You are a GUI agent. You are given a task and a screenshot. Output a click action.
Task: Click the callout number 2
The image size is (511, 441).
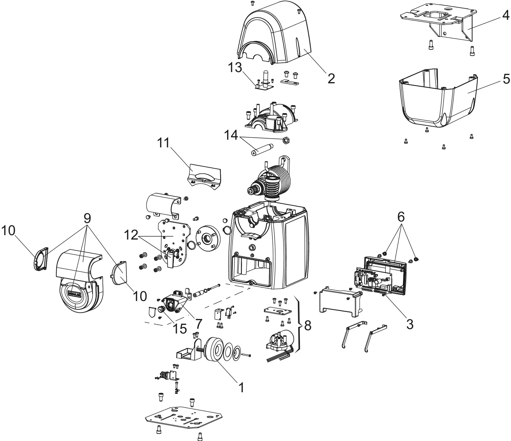pos(331,78)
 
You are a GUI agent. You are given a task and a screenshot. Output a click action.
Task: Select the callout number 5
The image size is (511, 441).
pos(506,79)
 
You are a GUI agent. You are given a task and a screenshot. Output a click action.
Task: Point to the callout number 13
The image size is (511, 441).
pos(235,68)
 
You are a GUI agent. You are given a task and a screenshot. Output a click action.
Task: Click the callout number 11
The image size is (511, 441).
pos(163,143)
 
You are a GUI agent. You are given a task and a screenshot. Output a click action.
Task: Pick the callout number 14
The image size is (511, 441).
pos(231,135)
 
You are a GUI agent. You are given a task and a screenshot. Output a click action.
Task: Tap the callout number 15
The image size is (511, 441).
pos(180,328)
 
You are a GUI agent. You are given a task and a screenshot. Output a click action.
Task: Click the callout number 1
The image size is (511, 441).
pos(241,388)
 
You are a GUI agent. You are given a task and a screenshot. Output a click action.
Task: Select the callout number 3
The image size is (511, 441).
pos(409,324)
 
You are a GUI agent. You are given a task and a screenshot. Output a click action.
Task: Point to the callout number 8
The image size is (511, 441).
pos(308,326)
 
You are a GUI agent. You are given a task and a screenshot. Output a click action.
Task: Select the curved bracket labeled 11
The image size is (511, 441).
pos(204,177)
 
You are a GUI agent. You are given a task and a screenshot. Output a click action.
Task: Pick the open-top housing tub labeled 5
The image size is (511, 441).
pos(437,100)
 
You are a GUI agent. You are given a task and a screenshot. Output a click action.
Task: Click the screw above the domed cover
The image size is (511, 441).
pos(252,3)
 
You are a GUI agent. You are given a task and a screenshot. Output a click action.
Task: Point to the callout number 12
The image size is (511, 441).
pos(131,235)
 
